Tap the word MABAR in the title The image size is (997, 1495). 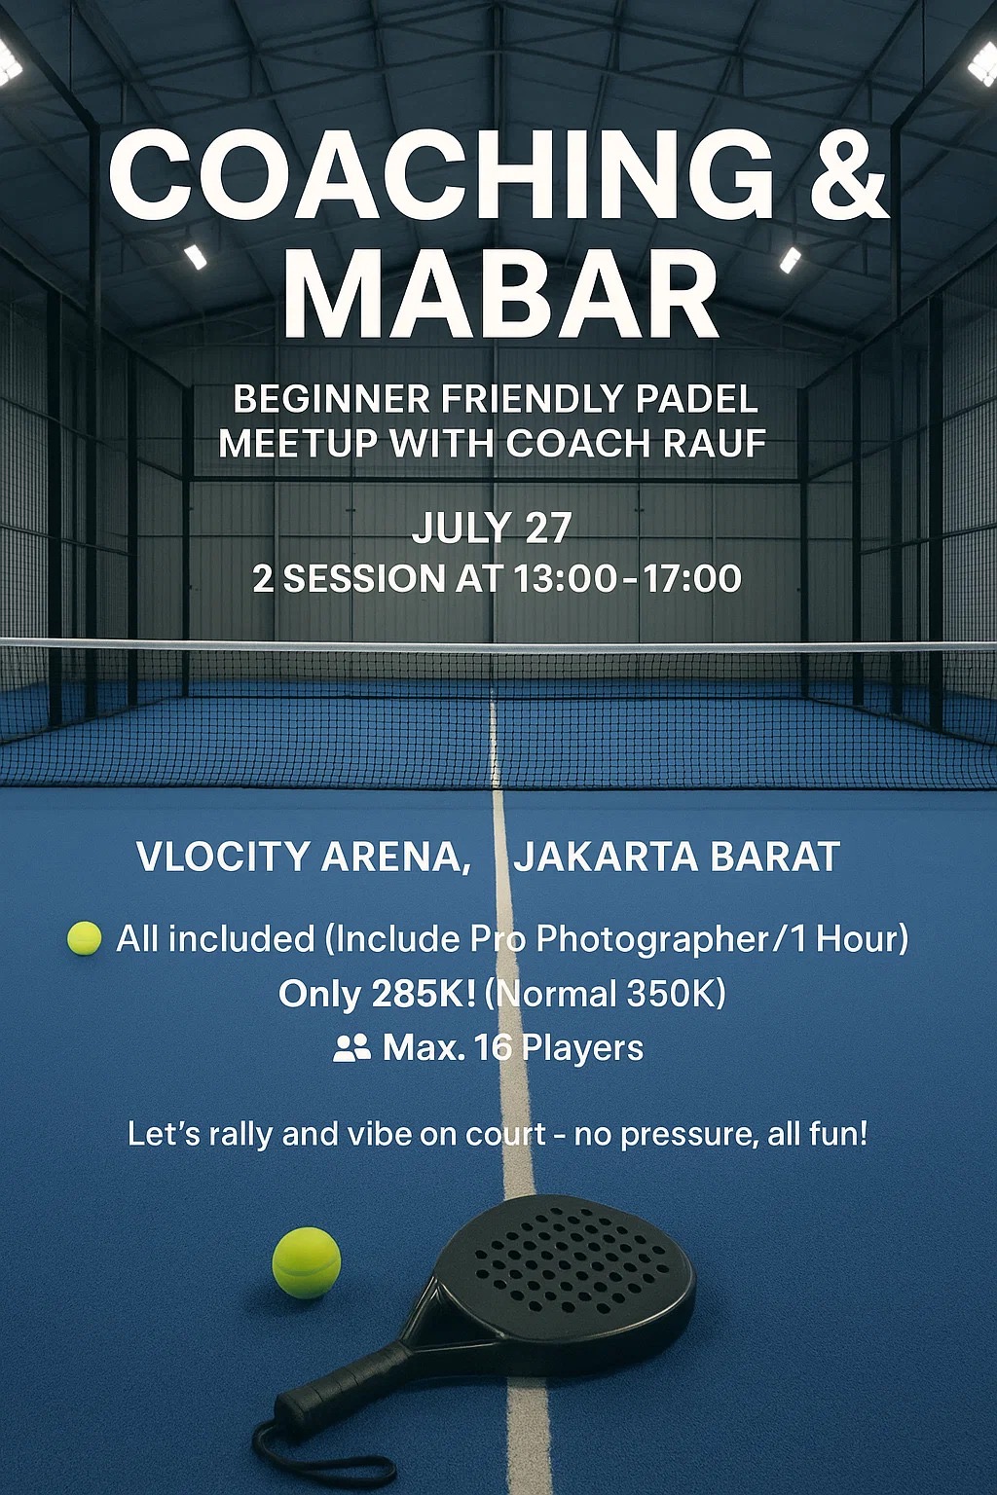coord(501,294)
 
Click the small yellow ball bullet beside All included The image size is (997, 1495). coord(84,937)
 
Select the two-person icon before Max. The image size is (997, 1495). coord(351,1048)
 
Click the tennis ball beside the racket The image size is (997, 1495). coord(307,1262)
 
